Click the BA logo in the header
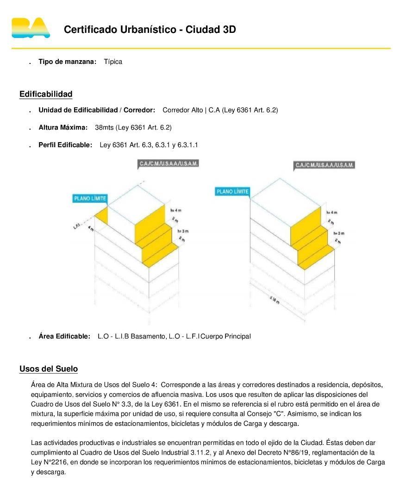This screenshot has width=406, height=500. pos(31,28)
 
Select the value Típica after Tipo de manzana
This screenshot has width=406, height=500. pos(113,62)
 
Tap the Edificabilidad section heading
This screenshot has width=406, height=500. pos(46,94)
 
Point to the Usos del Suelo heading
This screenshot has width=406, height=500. pos(49,369)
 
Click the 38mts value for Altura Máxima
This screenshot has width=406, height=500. pos(104,127)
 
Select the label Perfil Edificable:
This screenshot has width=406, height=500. pos(65,145)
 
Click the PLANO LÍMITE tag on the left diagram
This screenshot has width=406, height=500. pos(90,199)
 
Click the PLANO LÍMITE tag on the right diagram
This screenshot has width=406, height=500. pos(232,192)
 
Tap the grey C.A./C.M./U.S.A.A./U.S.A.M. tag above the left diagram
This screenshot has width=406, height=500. pos(169,164)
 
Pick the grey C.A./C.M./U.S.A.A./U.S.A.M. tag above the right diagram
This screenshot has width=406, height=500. pos(325,165)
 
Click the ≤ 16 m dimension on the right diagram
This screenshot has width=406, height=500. pos(275,300)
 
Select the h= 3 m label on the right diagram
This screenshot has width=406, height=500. pos(338,233)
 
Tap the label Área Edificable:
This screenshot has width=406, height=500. pos(64,336)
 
